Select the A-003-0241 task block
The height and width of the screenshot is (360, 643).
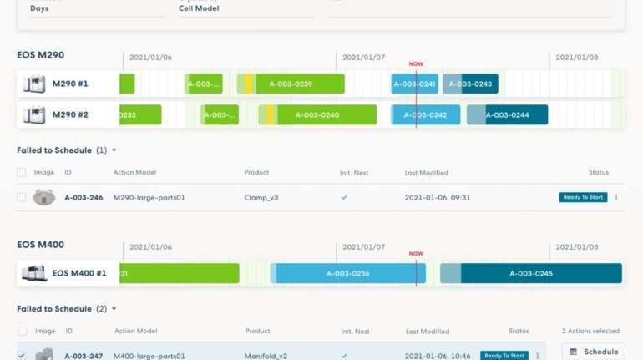click(415, 84)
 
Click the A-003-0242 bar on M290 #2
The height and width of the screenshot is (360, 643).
click(426, 114)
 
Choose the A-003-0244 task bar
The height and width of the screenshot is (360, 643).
click(508, 114)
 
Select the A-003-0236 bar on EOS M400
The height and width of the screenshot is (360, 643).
click(348, 273)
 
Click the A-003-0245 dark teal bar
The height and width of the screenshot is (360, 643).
click(532, 273)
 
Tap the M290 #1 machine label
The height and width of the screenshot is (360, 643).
click(70, 84)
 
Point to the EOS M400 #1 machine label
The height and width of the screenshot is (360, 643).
click(79, 273)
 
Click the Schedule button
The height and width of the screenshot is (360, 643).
click(594, 352)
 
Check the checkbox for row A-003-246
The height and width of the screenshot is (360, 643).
click(22, 198)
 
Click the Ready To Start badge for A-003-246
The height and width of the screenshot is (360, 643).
click(583, 198)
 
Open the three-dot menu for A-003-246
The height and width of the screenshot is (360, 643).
click(616, 198)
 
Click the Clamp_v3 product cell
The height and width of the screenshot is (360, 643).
click(261, 198)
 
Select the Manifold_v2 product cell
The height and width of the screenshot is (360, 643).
click(266, 356)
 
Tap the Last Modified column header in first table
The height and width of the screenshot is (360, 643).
click(427, 173)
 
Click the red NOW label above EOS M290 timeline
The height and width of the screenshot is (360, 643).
click(416, 63)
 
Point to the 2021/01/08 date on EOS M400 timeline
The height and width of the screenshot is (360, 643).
click(577, 247)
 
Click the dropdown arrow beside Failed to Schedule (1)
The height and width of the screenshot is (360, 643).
click(114, 150)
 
